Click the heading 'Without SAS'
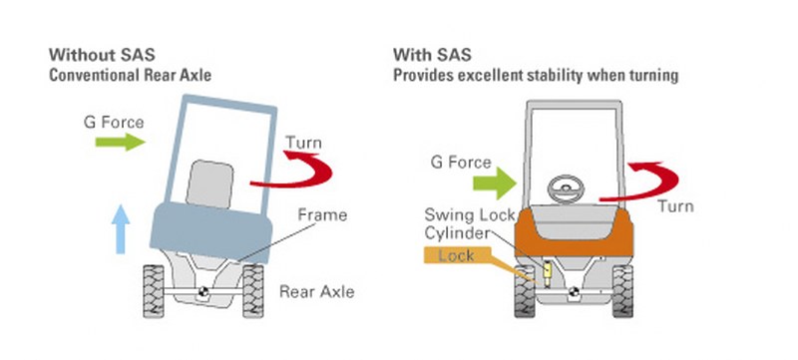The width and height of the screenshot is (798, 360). coord(102,54)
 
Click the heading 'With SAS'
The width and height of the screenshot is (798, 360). coord(432,54)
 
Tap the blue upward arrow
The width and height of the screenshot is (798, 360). coord(120,228)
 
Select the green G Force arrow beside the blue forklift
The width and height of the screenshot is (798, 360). coord(120,142)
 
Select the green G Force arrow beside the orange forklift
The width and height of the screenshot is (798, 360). coord(495,183)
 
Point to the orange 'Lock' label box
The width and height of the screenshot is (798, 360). coord(457,255)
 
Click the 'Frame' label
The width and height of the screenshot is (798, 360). coord(322,214)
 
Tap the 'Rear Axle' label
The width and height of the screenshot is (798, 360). coord(316,292)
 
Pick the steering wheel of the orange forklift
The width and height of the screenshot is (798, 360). coord(566,189)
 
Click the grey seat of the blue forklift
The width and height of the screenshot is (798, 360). coord(209,184)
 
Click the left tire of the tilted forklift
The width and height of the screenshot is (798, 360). coord(154,291)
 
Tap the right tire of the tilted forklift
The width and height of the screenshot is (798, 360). coord(253,291)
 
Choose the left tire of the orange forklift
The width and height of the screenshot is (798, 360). coord(525,291)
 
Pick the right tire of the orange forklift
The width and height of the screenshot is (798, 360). coord(622,291)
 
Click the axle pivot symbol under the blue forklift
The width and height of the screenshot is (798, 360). coord(203,292)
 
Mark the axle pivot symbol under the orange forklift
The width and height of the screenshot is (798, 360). coord(574,292)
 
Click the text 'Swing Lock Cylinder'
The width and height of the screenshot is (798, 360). coord(469,223)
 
